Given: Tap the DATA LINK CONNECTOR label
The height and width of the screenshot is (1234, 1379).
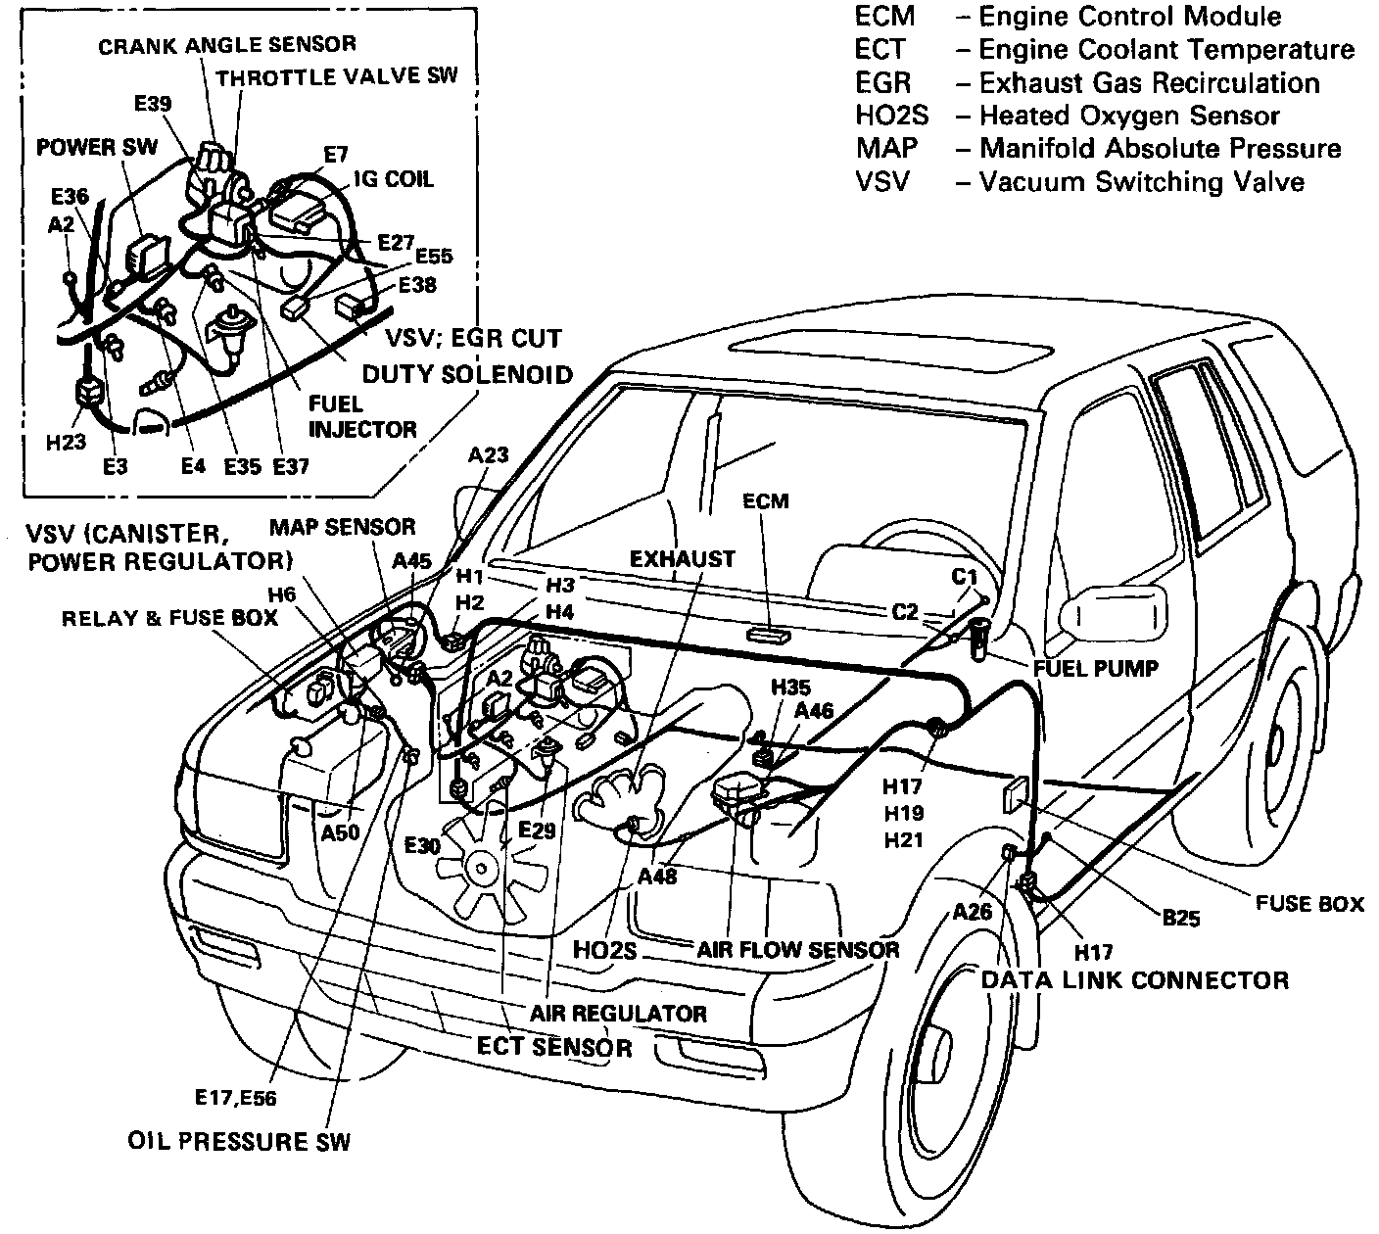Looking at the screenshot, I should point(1134,979).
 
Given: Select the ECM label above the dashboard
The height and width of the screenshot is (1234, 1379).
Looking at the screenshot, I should point(765,501).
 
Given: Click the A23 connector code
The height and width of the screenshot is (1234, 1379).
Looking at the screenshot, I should point(489,454).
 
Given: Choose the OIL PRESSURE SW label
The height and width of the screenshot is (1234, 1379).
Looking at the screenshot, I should point(239,1141).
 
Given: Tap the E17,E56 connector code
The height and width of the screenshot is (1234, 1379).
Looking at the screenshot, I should point(235,1098).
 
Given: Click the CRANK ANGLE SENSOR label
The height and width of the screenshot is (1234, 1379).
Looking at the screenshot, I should point(226,44).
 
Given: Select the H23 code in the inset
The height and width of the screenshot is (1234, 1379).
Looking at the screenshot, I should point(66,443).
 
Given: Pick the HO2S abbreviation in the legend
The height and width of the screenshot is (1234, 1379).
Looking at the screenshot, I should point(890,116).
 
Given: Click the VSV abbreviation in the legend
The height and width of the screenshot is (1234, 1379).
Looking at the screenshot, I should point(881,182).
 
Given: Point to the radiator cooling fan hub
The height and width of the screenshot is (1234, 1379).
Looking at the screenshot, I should point(479,865).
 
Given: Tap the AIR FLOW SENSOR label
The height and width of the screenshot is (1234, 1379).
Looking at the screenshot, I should point(797,949).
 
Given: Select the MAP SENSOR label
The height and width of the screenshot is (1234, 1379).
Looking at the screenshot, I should point(342,527).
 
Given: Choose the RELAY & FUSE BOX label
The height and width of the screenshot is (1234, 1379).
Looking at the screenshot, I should point(169,618).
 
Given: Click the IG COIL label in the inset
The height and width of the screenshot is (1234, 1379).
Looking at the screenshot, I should point(395,179).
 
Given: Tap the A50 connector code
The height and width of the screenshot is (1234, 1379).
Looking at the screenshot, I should point(341,831).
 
